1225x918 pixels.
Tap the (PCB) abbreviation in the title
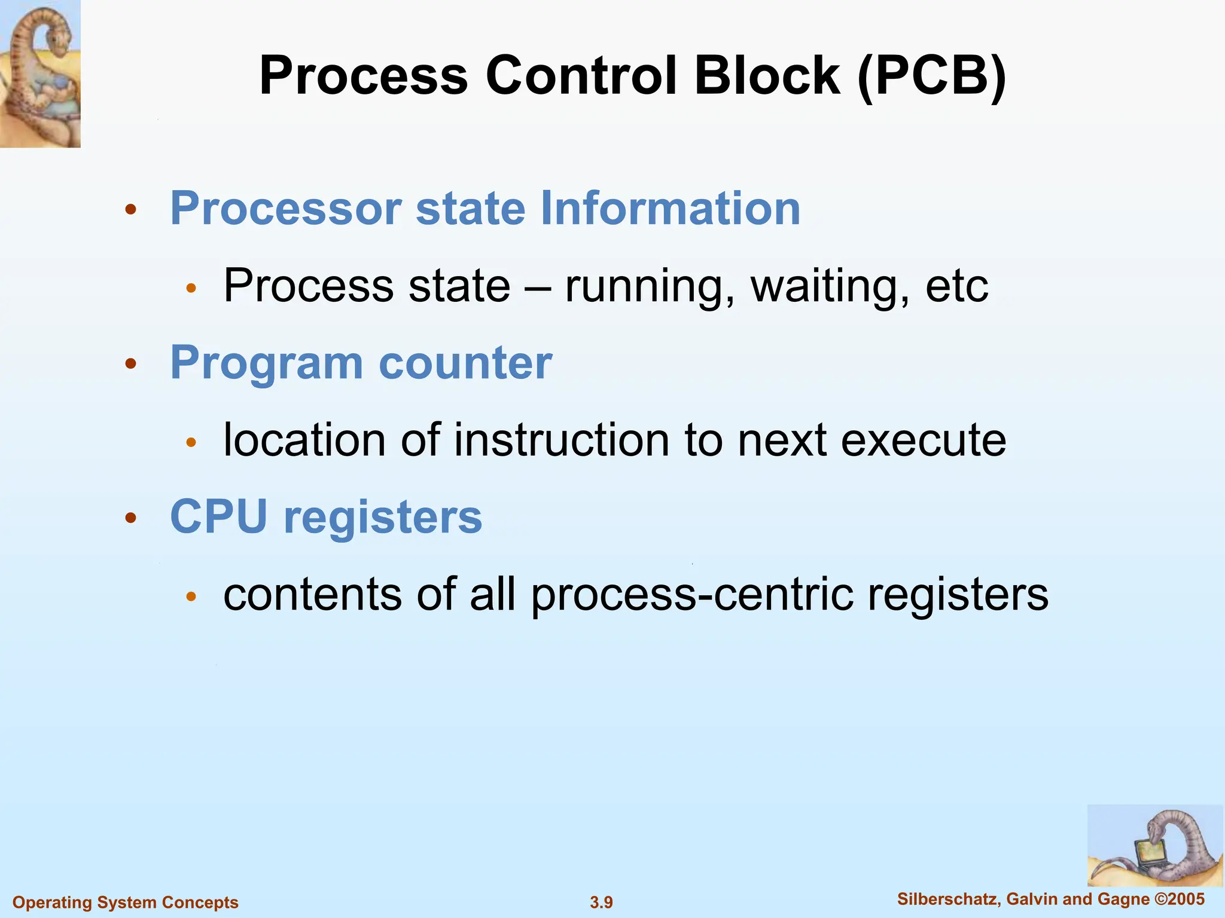[x=931, y=77]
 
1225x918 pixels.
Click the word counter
[x=465, y=363]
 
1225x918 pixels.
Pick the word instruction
[x=561, y=440]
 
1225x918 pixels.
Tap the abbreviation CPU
[x=218, y=517]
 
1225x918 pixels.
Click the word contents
[x=312, y=595]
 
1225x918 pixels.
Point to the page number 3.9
[x=601, y=902]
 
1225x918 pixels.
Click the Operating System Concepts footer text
[x=126, y=902]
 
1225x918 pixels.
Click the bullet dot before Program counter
[x=131, y=363]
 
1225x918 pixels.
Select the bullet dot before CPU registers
[x=131, y=518]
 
